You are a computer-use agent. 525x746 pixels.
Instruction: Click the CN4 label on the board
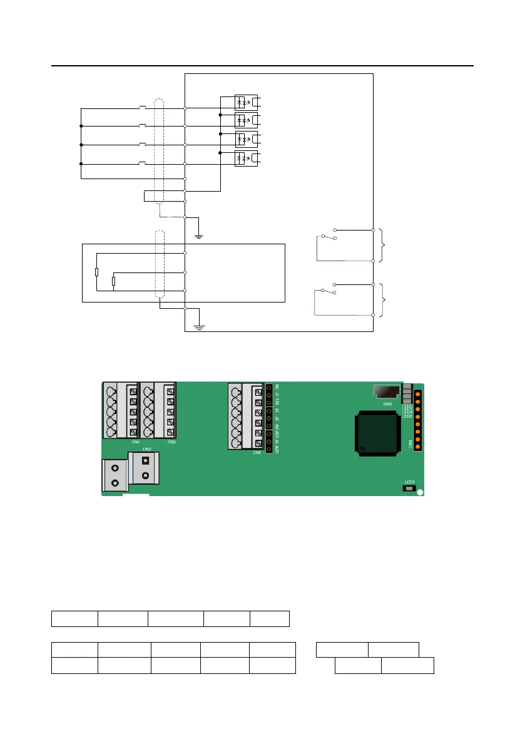pos(135,442)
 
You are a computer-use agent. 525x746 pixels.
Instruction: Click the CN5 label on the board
pos(172,442)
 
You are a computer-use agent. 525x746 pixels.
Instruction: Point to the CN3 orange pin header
pos(418,420)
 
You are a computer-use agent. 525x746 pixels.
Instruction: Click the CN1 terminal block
pos(245,417)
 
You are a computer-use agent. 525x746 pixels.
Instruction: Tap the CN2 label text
pos(147,448)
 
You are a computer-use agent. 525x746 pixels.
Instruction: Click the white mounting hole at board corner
pos(420,492)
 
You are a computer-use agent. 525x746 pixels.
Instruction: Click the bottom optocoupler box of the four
pos(240,158)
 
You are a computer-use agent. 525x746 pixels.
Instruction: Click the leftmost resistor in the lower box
pos(96,272)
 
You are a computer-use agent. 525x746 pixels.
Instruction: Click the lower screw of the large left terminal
pos(115,484)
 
